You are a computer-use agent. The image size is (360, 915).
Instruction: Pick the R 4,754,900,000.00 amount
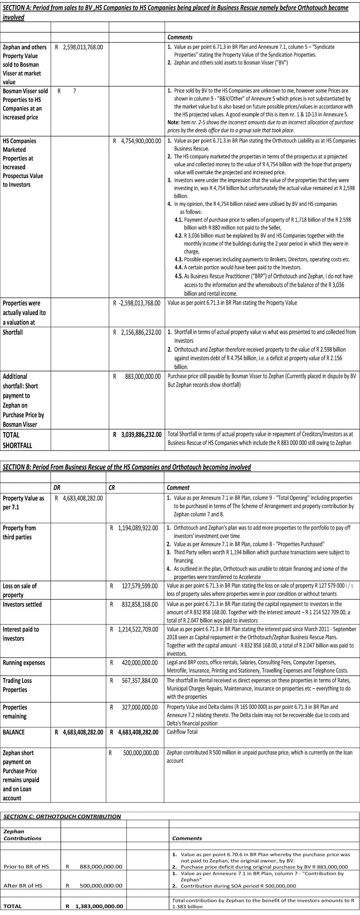click(137, 141)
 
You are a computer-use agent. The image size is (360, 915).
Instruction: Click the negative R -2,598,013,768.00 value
click(137, 303)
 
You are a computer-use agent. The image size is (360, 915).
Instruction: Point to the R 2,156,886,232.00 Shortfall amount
click(137, 332)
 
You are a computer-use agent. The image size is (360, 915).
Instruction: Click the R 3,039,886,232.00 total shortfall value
click(137, 435)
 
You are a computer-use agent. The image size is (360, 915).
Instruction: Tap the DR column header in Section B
click(57, 488)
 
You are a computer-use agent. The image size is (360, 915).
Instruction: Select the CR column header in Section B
click(112, 488)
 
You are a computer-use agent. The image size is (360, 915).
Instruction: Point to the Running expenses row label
click(24, 662)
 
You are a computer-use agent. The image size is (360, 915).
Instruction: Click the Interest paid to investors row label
click(20, 633)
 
